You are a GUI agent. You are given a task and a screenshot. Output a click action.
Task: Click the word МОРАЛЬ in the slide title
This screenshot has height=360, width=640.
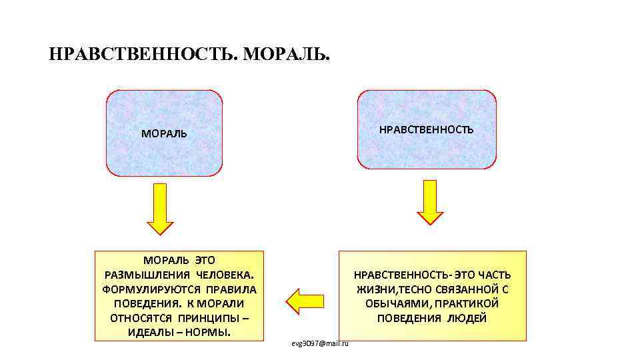pos(286,54)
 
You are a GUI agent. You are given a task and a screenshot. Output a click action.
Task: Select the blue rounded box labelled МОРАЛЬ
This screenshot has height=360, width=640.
pos(164,133)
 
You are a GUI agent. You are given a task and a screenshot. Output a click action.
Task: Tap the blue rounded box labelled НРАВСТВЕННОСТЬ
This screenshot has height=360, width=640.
pos(427,129)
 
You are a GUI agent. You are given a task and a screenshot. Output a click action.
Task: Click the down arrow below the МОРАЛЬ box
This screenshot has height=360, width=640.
pos(160,209)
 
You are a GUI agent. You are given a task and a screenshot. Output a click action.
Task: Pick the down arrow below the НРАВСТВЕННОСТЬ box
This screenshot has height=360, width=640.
pos(430,202)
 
